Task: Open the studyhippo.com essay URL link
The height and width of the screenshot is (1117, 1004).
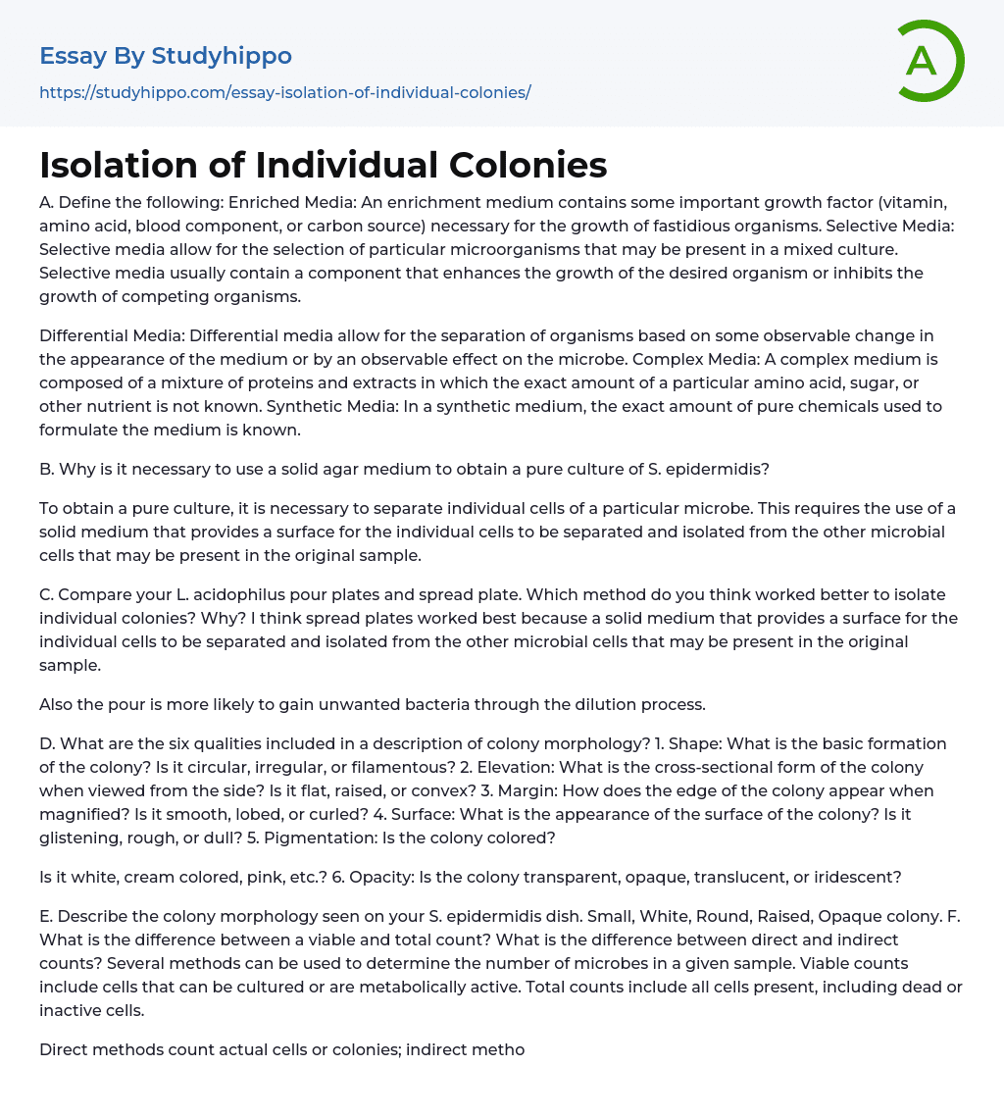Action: [284, 92]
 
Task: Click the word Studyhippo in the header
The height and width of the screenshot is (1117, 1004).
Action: [222, 56]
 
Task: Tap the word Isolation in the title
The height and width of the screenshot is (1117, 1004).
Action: [121, 166]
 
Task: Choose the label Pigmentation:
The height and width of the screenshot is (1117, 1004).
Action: [319, 838]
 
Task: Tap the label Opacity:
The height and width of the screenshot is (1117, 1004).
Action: [377, 877]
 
